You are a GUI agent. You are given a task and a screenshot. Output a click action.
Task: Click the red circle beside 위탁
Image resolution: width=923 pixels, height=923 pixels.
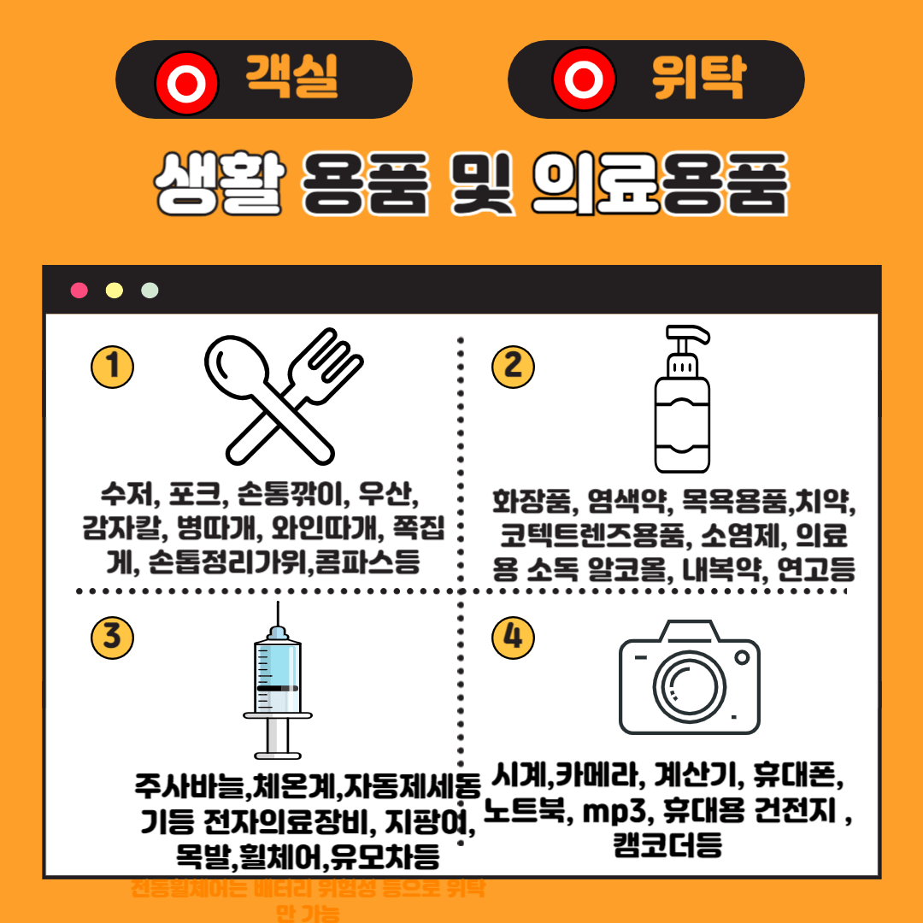pyautogui.click(x=585, y=80)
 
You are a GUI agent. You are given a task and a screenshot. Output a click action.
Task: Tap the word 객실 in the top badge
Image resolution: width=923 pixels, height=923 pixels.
pyautogui.click(x=292, y=78)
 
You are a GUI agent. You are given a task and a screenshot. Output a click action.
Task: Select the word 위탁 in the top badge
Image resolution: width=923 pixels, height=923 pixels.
pyautogui.click(x=697, y=78)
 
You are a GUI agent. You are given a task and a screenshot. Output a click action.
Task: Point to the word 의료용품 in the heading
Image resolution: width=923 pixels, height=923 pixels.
pyautogui.click(x=658, y=183)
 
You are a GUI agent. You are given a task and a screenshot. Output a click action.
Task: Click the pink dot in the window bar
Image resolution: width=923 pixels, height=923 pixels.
pyautogui.click(x=79, y=291)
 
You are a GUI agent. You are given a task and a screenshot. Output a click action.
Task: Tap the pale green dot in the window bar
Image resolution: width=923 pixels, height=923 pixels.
pyautogui.click(x=150, y=291)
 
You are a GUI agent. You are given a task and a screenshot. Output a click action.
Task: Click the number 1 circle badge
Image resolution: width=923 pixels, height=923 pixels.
pyautogui.click(x=112, y=367)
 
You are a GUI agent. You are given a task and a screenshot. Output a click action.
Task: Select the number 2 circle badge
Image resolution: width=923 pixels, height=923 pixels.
pyautogui.click(x=513, y=367)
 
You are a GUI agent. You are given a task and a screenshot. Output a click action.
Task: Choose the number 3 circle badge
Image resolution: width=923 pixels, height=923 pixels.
pyautogui.click(x=112, y=638)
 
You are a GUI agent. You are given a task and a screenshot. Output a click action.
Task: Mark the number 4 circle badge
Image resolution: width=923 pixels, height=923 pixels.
pyautogui.click(x=513, y=638)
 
